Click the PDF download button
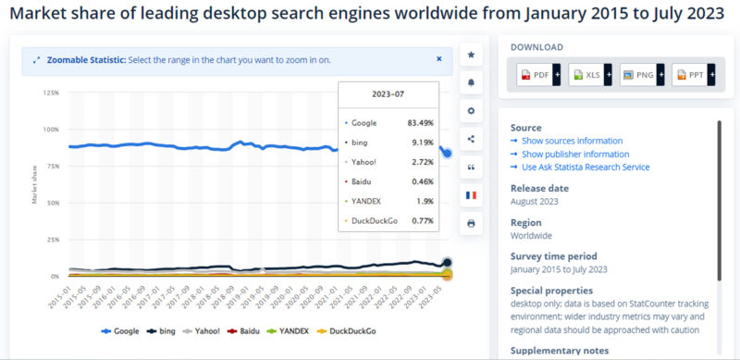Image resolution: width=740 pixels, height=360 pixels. tap(537, 75)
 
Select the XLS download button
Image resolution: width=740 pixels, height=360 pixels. tap(589, 75)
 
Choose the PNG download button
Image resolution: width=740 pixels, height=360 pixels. tap(641, 75)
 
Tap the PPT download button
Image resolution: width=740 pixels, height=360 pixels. tap(692, 75)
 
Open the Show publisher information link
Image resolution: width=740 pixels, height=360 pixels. tap(574, 154)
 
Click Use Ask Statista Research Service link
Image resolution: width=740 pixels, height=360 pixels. tap(585, 167)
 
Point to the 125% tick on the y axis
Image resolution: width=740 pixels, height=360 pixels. tap(51, 93)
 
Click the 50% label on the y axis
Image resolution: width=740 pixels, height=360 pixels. tap(53, 203)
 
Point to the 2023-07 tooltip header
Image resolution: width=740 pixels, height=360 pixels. tap(388, 93)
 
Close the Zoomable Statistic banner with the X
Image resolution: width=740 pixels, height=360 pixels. tap(439, 58)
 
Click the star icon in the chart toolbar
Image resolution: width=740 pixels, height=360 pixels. tap(471, 55)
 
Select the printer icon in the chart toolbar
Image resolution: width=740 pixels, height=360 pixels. tap(471, 223)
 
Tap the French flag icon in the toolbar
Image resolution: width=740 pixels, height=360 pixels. tap(471, 195)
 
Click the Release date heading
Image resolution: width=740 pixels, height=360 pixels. tap(539, 188)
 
